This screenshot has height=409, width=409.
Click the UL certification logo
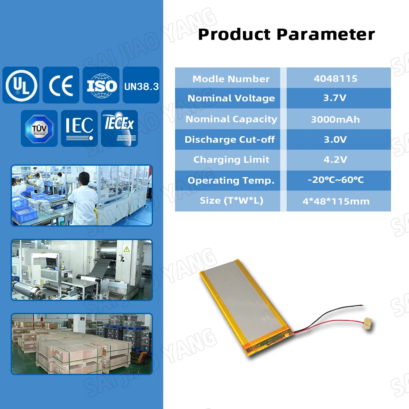pyautogui.click(x=21, y=85)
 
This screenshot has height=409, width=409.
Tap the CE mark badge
pyautogui.click(x=61, y=85)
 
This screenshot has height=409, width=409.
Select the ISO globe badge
pyautogui.click(x=101, y=85)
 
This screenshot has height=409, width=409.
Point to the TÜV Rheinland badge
pyautogui.click(x=39, y=128)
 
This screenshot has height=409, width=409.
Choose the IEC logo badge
pyautogui.click(x=79, y=128)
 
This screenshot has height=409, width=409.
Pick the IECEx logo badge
pyautogui.click(x=119, y=128)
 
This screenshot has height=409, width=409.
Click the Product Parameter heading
pyautogui.click(x=286, y=34)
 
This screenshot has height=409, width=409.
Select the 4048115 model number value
pyautogui.click(x=335, y=79)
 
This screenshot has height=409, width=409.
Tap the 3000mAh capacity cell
pyautogui.click(x=335, y=119)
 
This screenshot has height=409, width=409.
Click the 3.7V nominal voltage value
pyautogui.click(x=335, y=99)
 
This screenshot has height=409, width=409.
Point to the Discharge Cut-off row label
pyautogui.click(x=230, y=139)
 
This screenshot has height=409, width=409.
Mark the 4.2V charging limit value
pyautogui.click(x=335, y=160)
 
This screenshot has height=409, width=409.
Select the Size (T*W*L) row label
pyautogui.click(x=231, y=201)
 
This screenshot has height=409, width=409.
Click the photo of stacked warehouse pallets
pyautogui.click(x=81, y=344)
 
